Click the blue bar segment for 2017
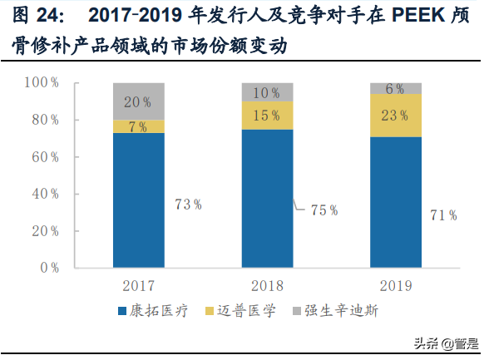(x=139, y=200)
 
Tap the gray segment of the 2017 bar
(x=139, y=101)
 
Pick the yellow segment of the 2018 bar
(x=267, y=116)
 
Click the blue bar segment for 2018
(x=267, y=199)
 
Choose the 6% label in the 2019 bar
(x=396, y=89)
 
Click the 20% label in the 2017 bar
(x=139, y=102)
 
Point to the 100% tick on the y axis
(x=41, y=83)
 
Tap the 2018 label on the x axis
(x=267, y=286)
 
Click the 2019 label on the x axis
(x=396, y=286)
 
